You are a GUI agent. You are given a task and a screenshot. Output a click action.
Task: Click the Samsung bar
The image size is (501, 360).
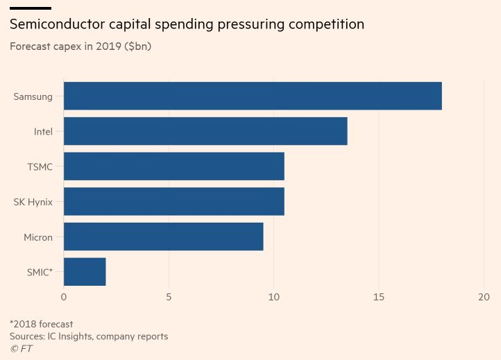253,96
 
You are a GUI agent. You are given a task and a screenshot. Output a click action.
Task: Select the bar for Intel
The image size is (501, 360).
205,131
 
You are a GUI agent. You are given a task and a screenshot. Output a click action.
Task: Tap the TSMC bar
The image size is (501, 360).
174,166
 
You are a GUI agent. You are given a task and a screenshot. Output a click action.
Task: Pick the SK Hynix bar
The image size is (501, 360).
174,202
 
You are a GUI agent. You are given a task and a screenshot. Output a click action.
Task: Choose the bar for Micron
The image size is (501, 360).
164,237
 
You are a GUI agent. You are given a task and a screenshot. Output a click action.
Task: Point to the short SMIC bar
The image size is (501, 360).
85,272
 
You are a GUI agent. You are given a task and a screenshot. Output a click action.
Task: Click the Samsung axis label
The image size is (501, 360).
33,96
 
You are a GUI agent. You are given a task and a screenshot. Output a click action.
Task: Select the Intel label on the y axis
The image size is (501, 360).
43,132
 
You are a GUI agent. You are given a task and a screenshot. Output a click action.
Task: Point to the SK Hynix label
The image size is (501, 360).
33,202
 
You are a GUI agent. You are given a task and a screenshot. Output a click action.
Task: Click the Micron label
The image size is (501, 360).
38,237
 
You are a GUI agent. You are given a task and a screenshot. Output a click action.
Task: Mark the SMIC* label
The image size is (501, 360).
40,273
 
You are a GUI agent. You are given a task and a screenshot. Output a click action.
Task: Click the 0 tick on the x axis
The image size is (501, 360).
64,297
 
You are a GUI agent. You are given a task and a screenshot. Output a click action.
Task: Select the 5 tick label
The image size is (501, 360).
169,297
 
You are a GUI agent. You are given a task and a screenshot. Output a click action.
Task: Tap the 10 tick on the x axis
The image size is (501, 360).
273,297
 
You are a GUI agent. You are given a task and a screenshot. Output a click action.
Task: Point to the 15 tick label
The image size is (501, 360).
379,297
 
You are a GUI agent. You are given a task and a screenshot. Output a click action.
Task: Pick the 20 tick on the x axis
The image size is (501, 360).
484,297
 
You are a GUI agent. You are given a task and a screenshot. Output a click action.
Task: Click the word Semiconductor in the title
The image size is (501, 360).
58,24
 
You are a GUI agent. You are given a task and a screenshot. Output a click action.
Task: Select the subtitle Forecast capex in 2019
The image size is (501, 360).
80,46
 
